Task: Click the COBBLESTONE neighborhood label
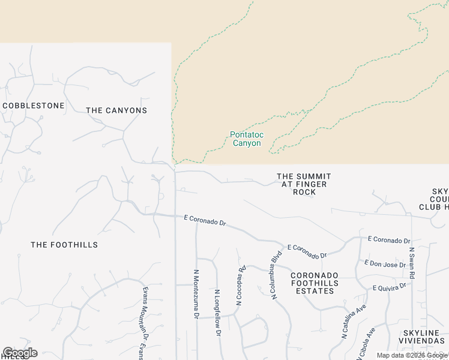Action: tap(34, 106)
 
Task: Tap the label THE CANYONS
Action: tap(116, 110)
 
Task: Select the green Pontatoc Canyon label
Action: tap(246, 139)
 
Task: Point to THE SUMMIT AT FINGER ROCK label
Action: tap(304, 184)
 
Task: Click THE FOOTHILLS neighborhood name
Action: tap(64, 245)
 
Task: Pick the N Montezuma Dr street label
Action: tap(196, 294)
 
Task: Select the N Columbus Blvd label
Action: tap(276, 275)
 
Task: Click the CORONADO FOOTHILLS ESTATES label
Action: tap(314, 283)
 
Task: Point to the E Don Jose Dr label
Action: tap(385, 265)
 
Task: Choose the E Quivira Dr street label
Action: tap(390, 287)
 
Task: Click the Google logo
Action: tap(20, 353)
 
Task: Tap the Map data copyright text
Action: tap(412, 355)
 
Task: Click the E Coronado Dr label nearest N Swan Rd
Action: tap(389, 240)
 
